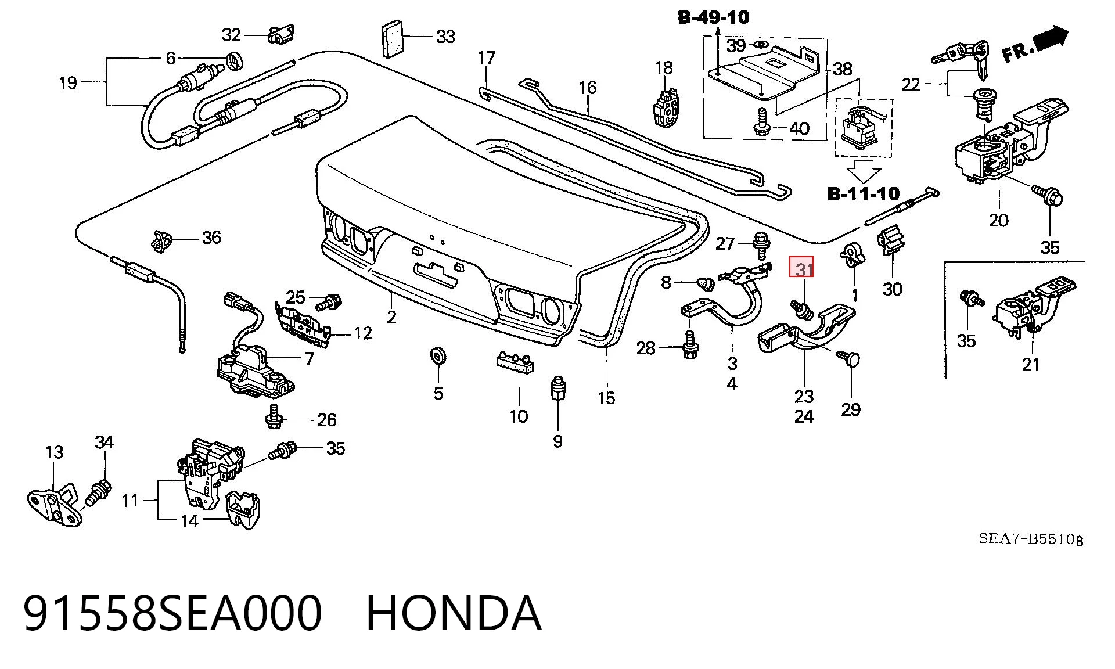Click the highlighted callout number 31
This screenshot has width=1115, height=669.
804,270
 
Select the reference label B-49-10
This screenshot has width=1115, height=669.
714,17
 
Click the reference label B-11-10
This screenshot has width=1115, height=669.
864,193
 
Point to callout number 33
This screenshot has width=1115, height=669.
445,37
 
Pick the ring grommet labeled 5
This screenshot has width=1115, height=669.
437,355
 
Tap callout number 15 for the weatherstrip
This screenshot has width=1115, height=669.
606,398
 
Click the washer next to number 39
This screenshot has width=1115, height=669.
758,45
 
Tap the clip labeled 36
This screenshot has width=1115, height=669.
161,240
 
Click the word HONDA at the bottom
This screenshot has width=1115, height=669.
454,613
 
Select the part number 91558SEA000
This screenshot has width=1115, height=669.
172,613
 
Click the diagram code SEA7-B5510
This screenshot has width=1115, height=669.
1026,538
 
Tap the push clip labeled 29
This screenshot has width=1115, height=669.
848,358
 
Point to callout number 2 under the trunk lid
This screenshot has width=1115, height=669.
392,317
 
